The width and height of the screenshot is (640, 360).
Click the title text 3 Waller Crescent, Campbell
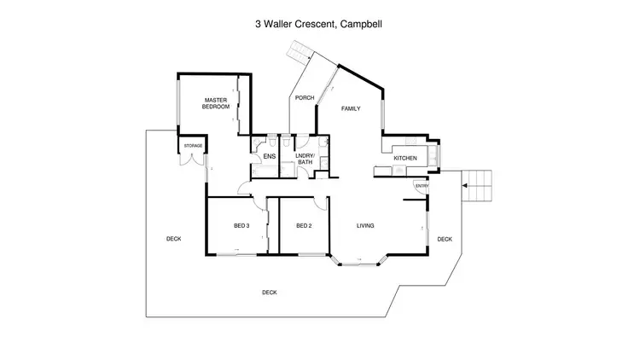tap(320, 25)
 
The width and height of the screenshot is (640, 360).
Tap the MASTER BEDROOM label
tap(216, 104)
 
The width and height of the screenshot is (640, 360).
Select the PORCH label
tap(305, 98)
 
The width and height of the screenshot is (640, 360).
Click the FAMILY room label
tap(351, 109)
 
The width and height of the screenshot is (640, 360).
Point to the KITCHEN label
tap(404, 159)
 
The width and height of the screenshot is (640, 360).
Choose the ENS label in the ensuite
tap(269, 157)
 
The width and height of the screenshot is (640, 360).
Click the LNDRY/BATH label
tap(305, 159)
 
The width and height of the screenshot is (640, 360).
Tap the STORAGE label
tap(192, 146)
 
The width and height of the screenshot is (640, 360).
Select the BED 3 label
tap(241, 226)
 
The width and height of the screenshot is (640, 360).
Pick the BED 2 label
tap(303, 226)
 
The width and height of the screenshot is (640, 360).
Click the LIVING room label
tap(365, 226)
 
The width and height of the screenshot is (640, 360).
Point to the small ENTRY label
tap(420, 186)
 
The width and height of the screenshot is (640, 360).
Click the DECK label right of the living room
tap(445, 240)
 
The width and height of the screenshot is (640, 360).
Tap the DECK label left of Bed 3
tap(173, 240)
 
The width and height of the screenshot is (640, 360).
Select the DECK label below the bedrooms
tap(269, 293)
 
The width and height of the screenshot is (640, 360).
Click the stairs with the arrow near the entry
tap(478, 184)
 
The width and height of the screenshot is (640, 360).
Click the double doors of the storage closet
tap(192, 160)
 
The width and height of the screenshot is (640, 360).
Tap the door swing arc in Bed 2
tap(319, 204)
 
